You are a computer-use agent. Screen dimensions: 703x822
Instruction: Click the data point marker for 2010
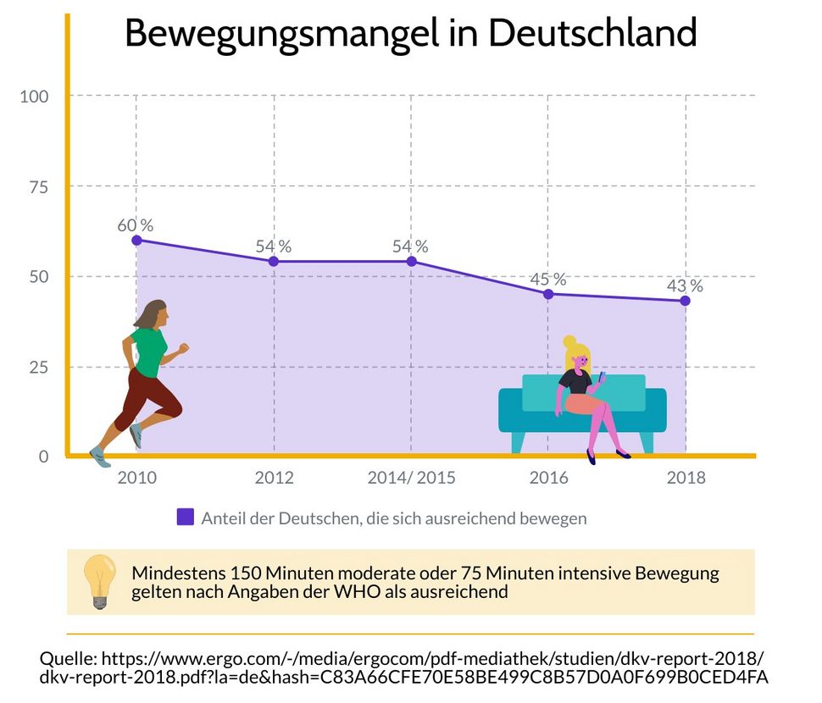pos(136,240)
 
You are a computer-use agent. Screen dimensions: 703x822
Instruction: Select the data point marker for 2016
pos(548,294)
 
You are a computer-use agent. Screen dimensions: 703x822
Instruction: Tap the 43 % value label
pos(685,285)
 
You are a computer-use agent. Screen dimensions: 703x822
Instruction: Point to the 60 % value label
pos(136,225)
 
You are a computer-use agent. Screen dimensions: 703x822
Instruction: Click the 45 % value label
pos(547,279)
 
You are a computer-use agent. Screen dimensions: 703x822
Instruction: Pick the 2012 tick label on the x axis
pos(274,478)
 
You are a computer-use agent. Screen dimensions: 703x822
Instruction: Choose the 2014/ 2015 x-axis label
pos(411,478)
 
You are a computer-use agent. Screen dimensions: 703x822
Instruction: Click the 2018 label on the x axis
pos(686,478)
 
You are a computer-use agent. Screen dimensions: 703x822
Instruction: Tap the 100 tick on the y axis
pos(34,96)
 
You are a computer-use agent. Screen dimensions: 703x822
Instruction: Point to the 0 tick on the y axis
pos(43,457)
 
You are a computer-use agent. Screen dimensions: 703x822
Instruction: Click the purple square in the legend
pos(185,517)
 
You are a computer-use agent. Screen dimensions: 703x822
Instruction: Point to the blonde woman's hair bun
pos(569,341)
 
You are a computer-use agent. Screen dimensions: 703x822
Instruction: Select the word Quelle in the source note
pos(67,659)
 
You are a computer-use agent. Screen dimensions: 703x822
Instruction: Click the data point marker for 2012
pos(274,261)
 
